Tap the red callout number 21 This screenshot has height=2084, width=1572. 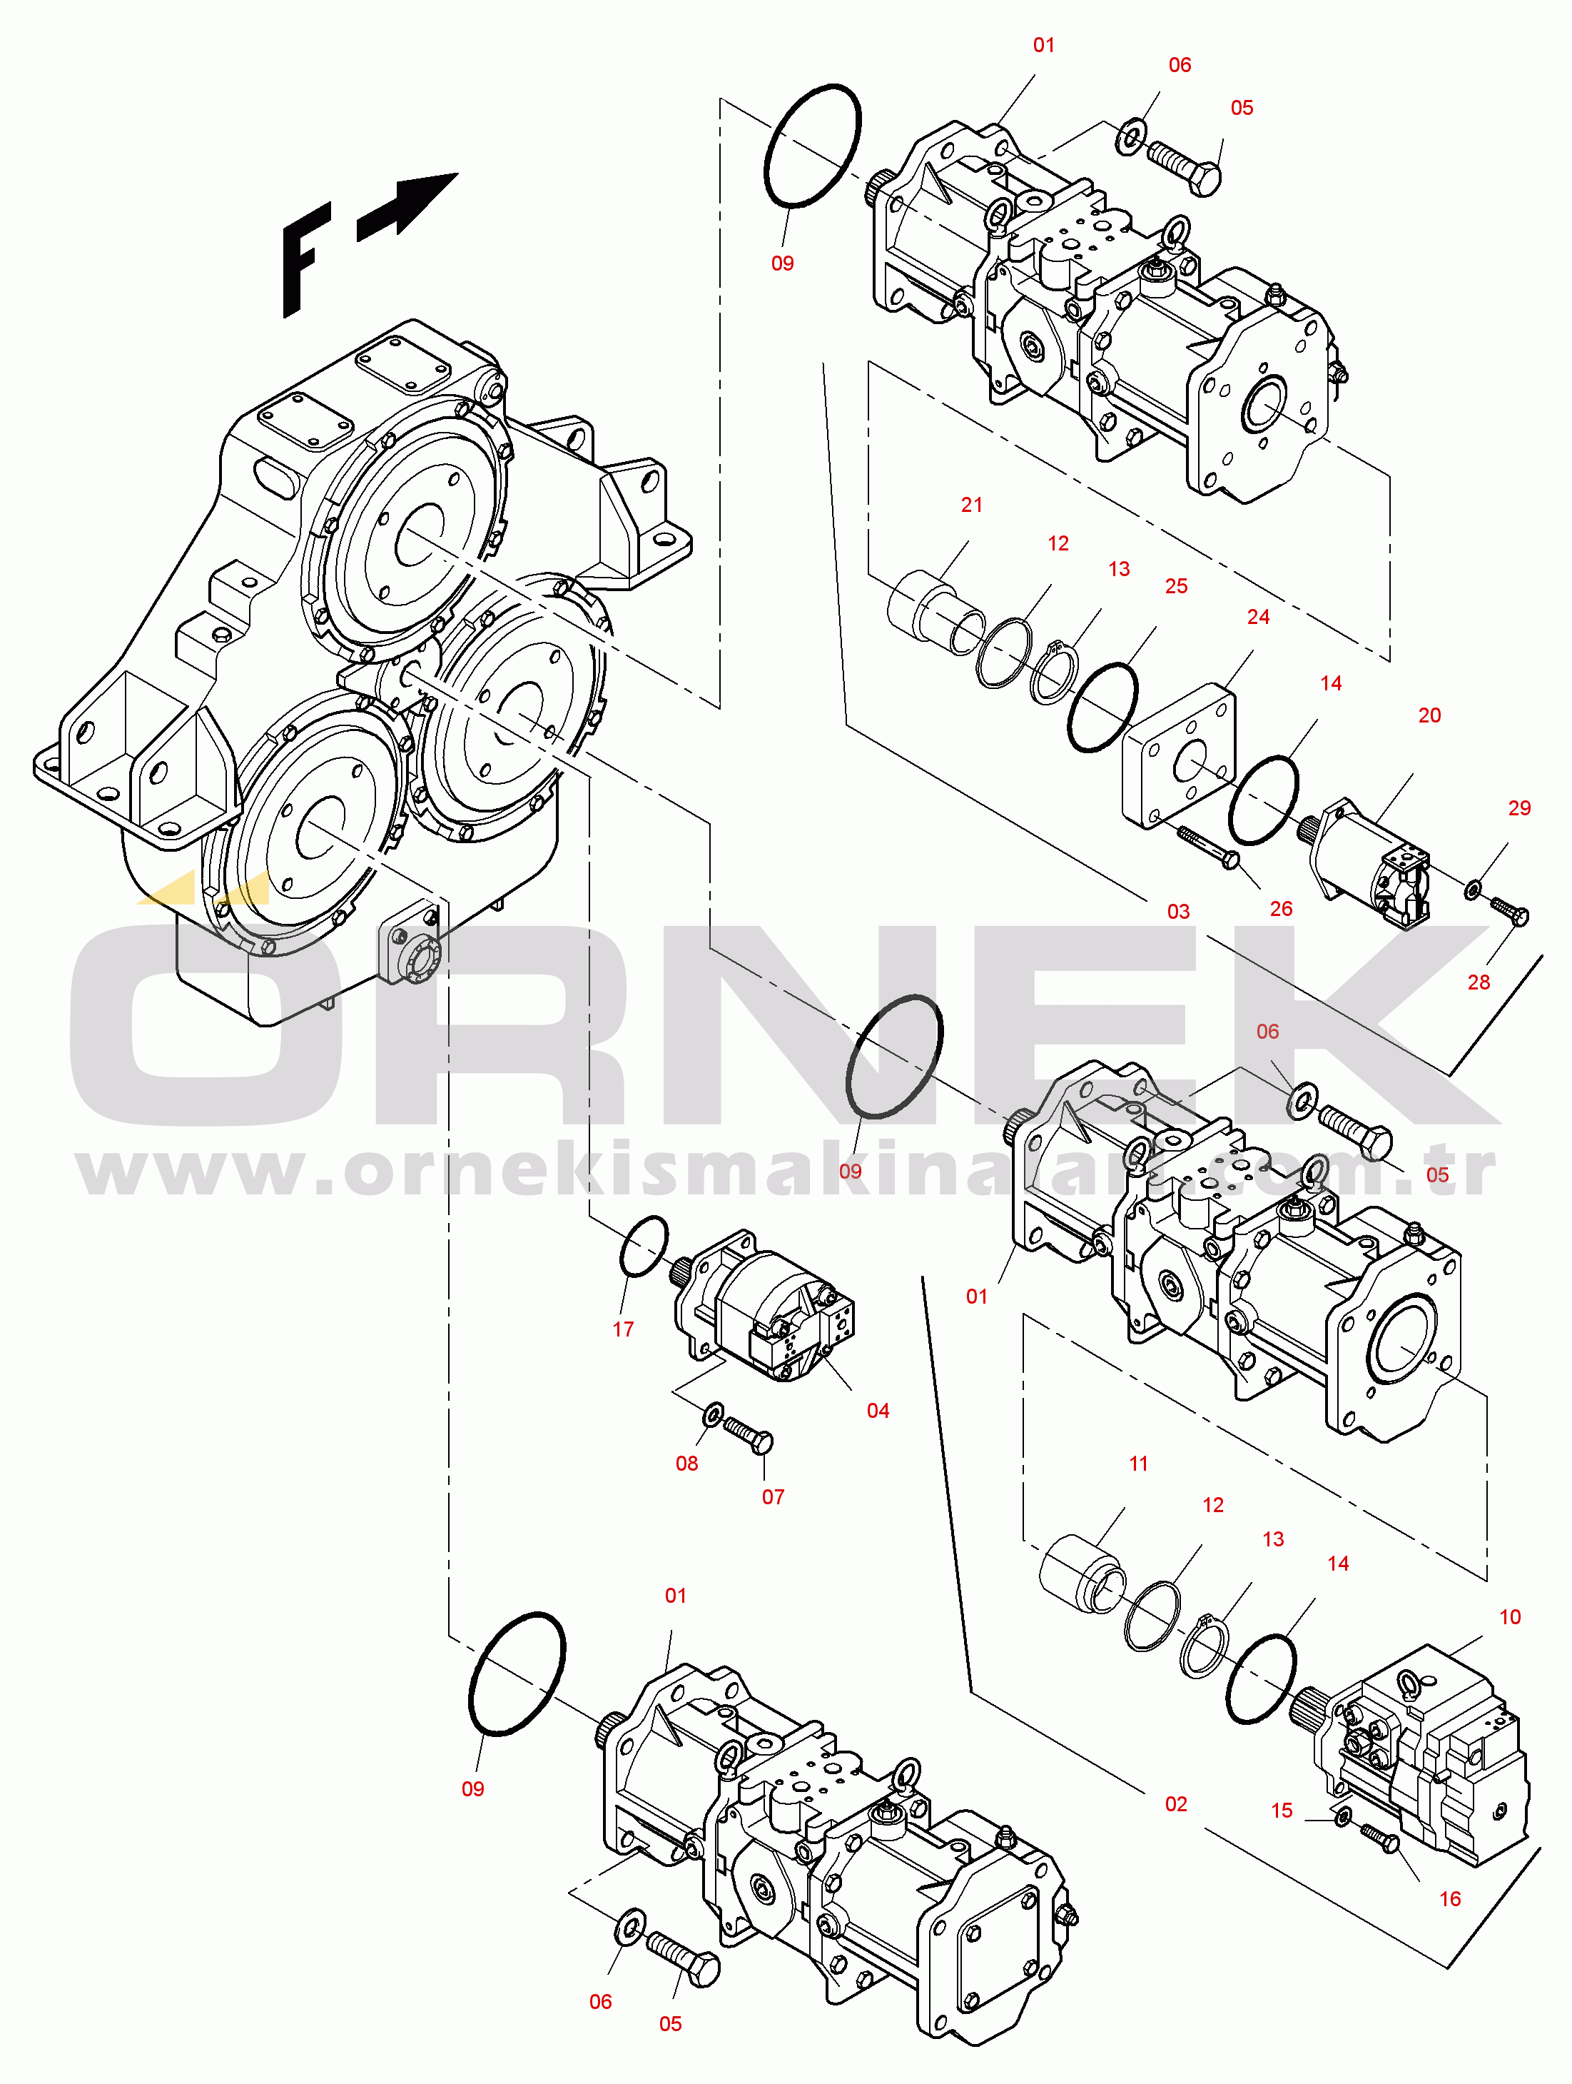point(972,505)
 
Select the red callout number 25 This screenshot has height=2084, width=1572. point(1177,586)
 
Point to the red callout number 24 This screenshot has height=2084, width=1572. point(1258,617)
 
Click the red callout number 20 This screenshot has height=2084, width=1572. point(1430,716)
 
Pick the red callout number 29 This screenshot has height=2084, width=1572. point(1519,808)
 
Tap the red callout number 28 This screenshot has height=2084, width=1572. point(1479,982)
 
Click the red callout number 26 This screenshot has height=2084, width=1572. point(1281,909)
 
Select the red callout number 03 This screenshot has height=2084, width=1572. point(1178,912)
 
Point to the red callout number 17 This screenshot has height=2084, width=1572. point(624,1329)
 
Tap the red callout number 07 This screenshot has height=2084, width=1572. point(774,1497)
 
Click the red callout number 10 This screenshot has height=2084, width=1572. point(1510,1616)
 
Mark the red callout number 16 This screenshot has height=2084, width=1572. point(1451,1898)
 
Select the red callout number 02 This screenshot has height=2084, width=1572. point(1177,1804)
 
